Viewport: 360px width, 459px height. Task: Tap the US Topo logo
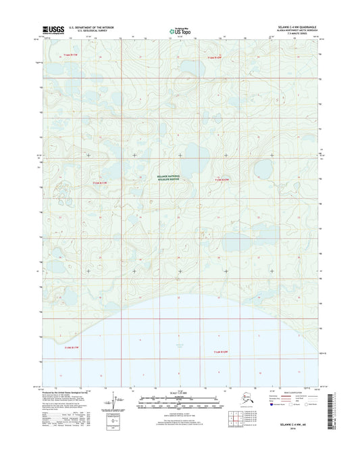(180, 30)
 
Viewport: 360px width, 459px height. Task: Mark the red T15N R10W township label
(222, 180)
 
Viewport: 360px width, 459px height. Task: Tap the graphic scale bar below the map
(180, 403)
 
